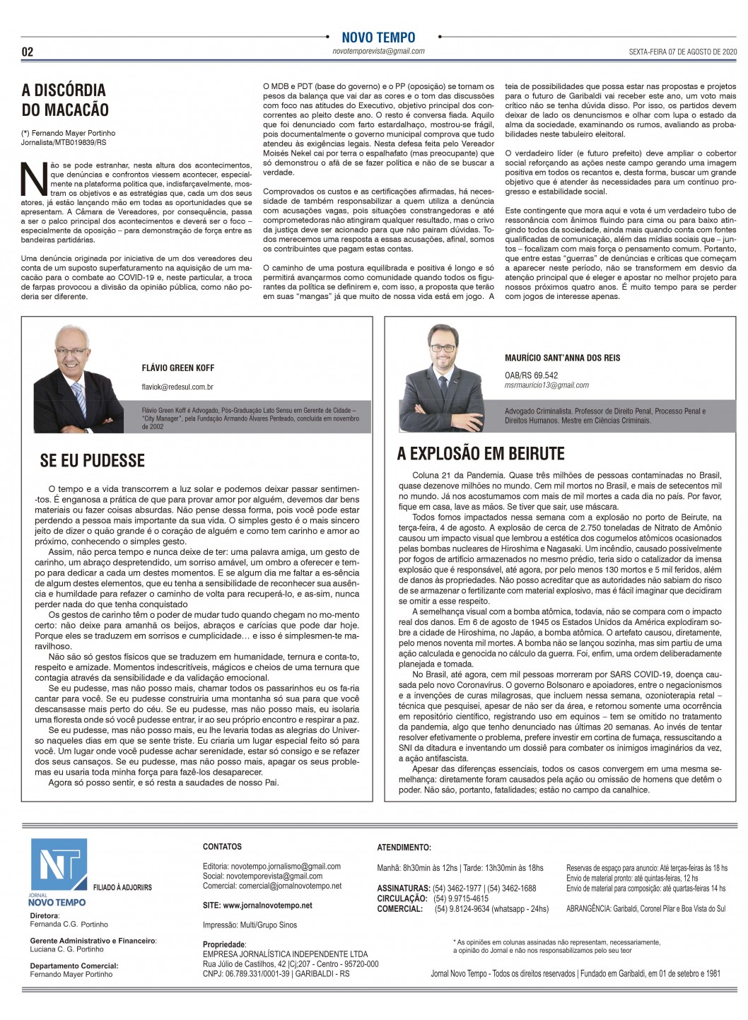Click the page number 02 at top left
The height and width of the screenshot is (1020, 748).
point(28,52)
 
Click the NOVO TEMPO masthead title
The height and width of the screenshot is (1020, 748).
point(378,37)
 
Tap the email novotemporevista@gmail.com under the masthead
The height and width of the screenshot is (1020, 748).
point(378,51)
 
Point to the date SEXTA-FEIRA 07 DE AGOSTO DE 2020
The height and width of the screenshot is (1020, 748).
point(673,52)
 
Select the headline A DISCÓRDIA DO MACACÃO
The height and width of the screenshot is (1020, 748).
point(64,100)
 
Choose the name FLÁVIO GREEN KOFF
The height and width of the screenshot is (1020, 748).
point(178,368)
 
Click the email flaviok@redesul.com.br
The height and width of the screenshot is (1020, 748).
point(177,387)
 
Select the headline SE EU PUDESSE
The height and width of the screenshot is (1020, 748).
point(93,461)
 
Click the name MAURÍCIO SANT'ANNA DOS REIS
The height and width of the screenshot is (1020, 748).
point(563,358)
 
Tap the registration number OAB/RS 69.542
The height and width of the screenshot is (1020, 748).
point(531,375)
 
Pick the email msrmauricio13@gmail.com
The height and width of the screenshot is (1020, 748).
point(547,385)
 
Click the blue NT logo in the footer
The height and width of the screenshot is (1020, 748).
point(57,867)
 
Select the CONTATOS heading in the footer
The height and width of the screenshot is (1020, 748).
point(222,846)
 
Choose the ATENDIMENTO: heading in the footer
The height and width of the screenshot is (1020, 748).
point(404,846)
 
